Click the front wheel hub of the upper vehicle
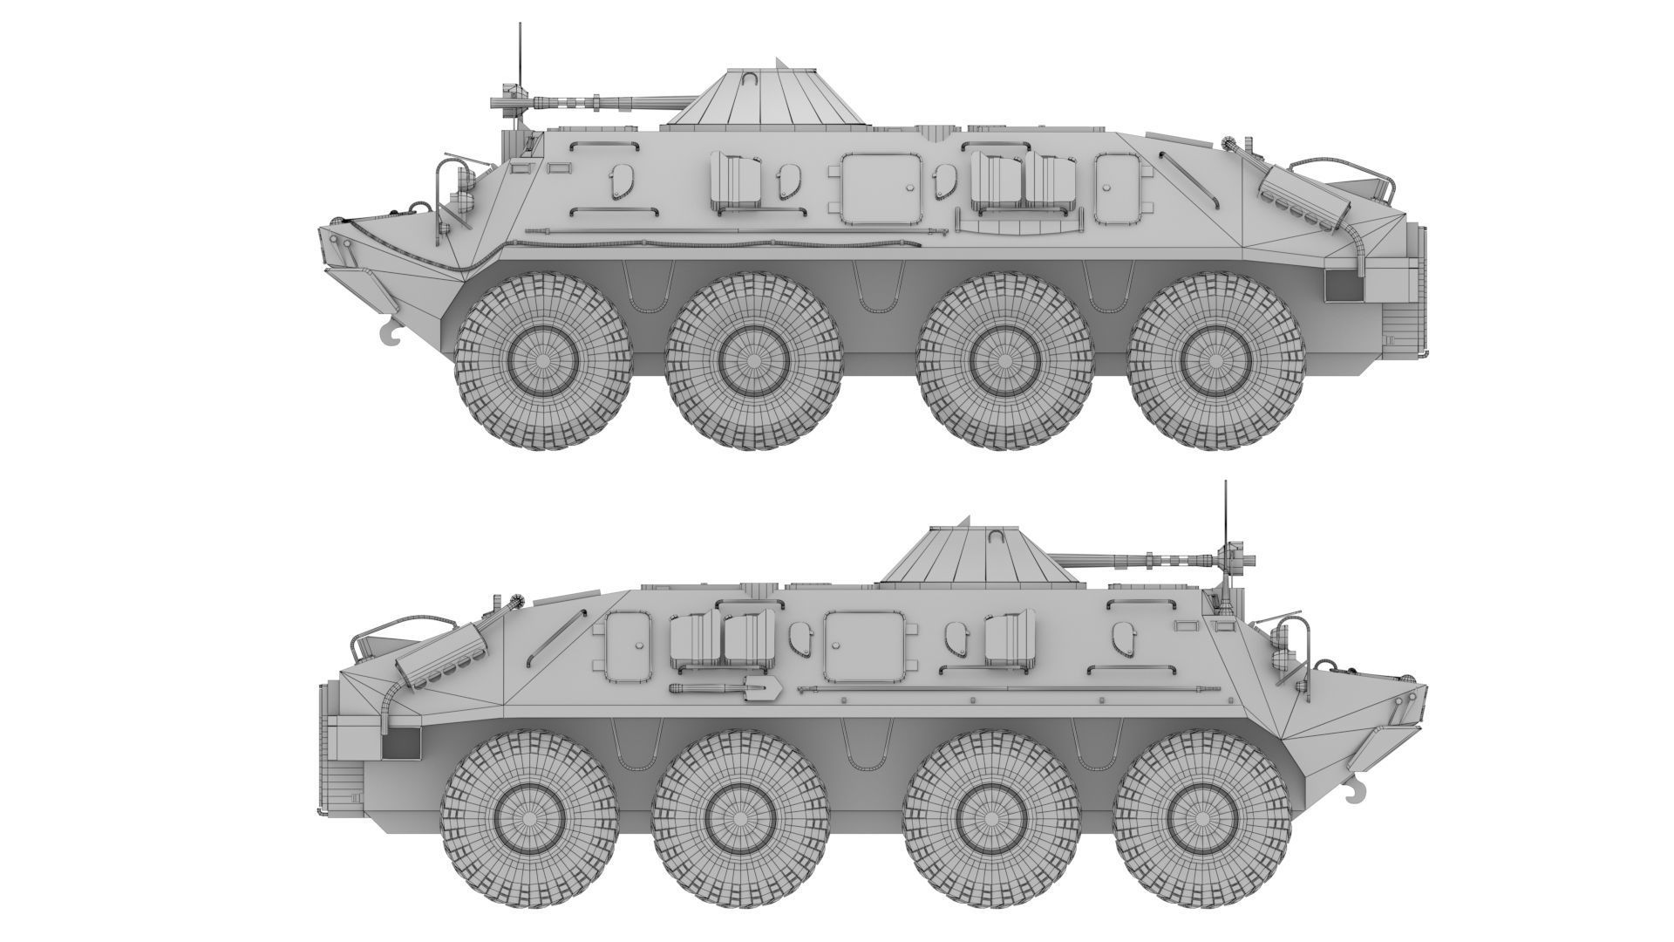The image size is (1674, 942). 543,360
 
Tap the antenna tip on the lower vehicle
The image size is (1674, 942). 1225,482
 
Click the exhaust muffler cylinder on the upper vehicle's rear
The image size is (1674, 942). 1304,202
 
